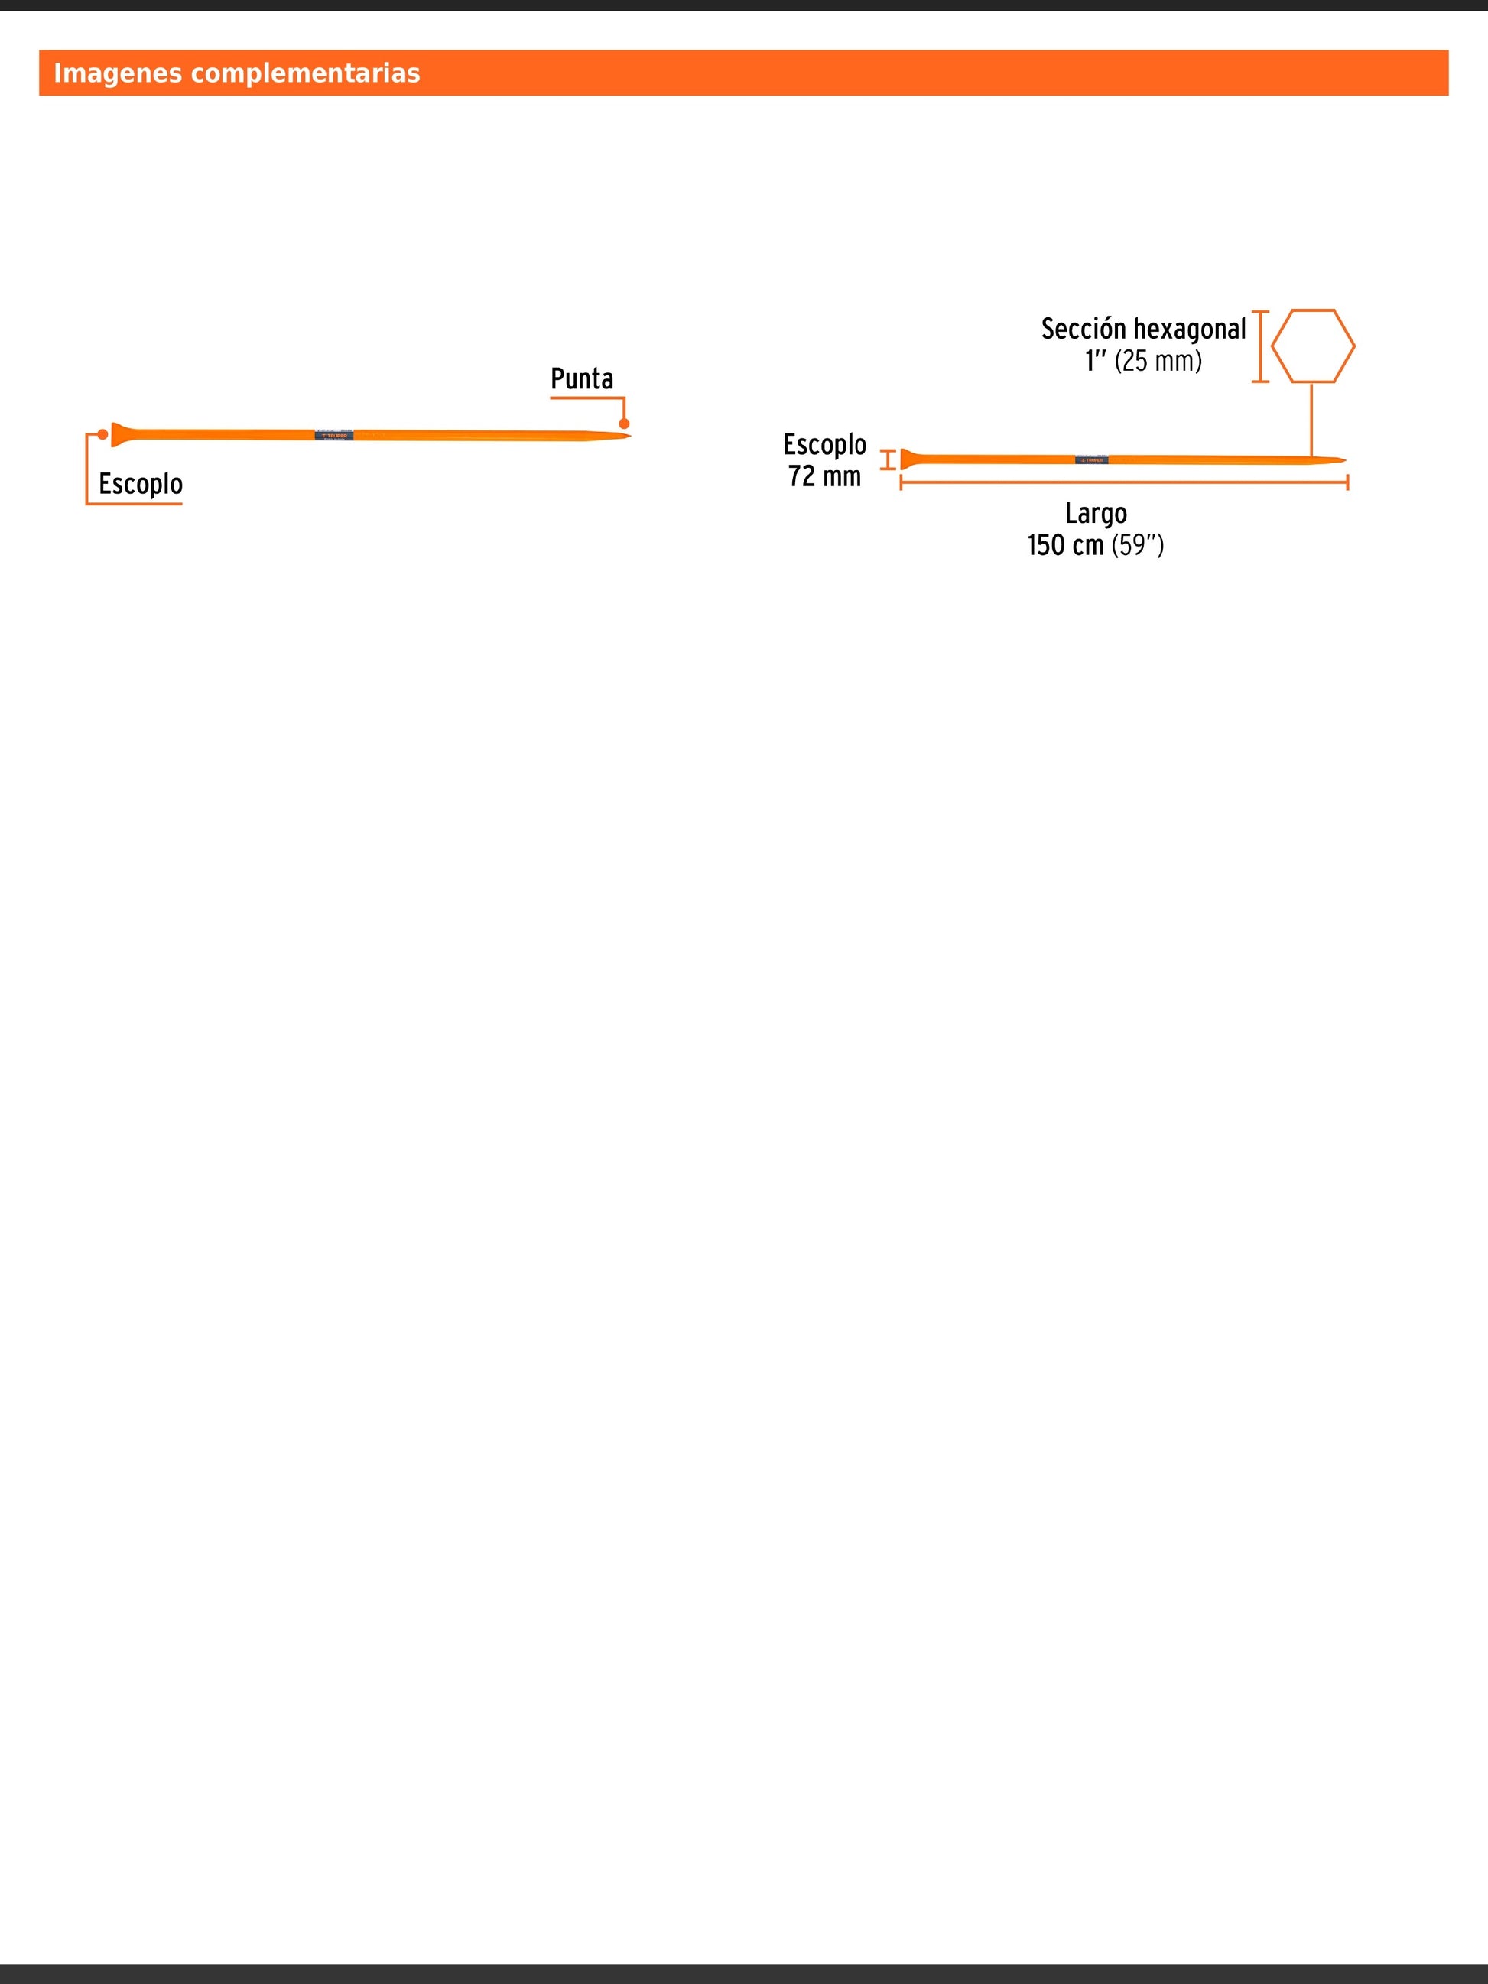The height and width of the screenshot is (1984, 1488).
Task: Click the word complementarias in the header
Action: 305,73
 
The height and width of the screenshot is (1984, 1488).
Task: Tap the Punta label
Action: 581,379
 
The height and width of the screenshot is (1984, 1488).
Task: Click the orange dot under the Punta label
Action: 624,424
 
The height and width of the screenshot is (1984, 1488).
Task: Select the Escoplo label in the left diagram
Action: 141,484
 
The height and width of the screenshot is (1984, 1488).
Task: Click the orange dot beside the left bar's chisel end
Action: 103,435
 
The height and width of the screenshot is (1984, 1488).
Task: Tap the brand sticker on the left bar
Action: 333,435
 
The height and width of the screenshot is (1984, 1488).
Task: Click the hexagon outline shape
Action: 1312,346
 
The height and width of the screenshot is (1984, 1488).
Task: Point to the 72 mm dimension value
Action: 824,476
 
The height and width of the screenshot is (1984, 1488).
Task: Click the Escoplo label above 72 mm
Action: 824,445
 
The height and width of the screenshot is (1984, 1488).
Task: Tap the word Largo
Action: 1095,514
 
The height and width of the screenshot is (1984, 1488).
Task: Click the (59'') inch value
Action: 1137,545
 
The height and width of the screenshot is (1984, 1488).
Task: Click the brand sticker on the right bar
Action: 1090,460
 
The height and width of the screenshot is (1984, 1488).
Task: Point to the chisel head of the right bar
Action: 908,459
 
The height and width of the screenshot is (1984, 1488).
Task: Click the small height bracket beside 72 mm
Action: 888,459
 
